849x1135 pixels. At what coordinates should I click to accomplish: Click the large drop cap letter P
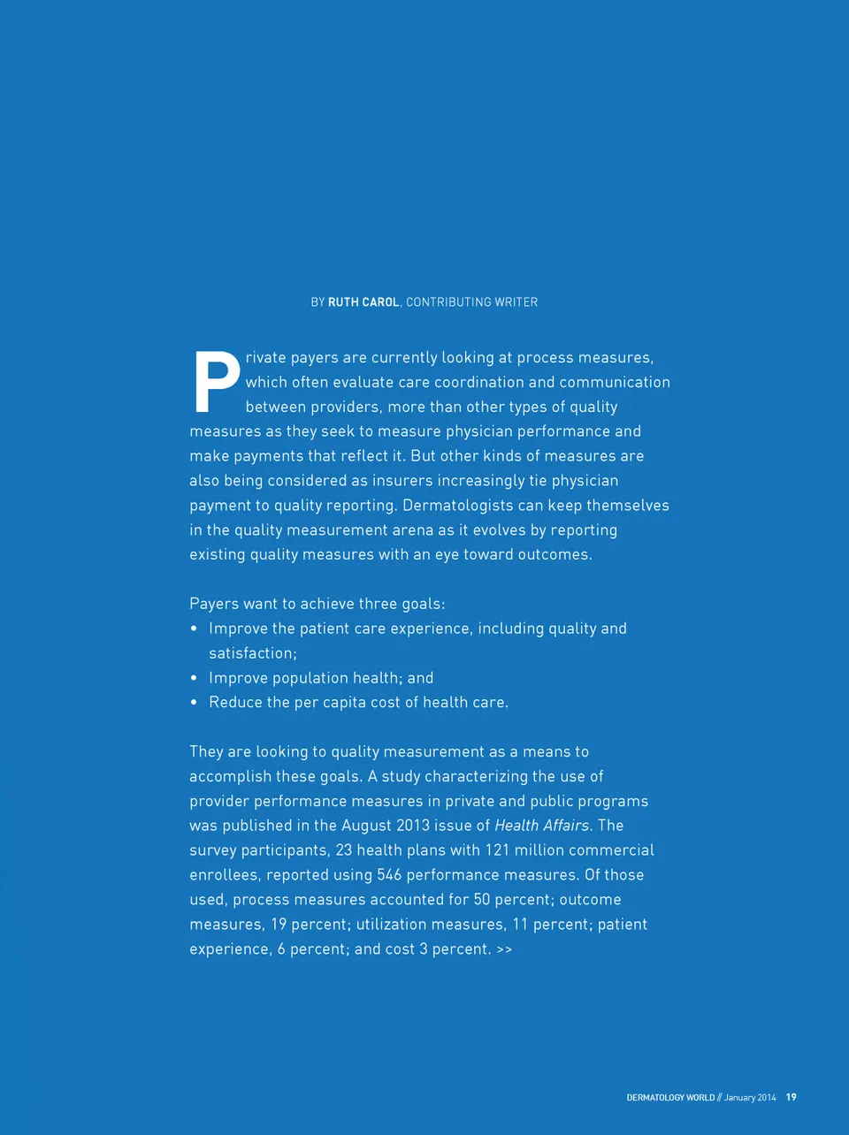(216, 383)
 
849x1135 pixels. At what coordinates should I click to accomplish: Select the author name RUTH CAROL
(363, 302)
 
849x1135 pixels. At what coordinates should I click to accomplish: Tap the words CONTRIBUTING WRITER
(471, 302)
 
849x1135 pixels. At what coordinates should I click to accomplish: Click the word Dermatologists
(457, 506)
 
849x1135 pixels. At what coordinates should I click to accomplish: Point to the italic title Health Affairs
(541, 826)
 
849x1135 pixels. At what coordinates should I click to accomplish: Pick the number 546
(389, 875)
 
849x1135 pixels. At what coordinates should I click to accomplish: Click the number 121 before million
(497, 850)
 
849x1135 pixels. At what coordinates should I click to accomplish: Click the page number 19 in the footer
(791, 1097)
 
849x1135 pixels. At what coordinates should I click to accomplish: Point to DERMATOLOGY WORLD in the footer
(670, 1098)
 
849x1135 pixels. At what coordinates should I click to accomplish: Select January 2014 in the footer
(750, 1098)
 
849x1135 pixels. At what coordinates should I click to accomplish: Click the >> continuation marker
(504, 949)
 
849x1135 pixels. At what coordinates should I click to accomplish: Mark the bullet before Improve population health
(194, 678)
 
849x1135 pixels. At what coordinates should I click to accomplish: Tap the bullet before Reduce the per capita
(194, 703)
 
